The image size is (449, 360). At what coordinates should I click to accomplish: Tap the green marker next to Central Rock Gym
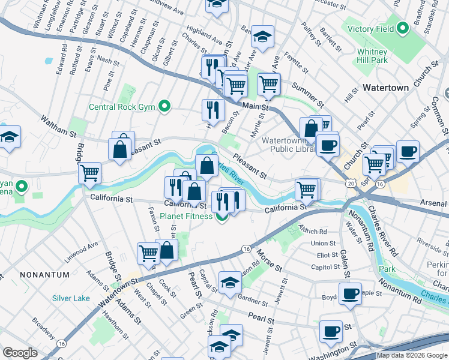(163, 108)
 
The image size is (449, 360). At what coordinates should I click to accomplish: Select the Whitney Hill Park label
(372, 56)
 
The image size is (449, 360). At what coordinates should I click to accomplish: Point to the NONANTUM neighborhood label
(41, 274)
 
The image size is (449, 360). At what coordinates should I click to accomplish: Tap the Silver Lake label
(71, 298)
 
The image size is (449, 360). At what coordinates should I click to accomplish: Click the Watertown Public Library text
(285, 145)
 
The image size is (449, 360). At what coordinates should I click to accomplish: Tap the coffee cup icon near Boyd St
(350, 293)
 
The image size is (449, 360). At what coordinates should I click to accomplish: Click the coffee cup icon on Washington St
(330, 331)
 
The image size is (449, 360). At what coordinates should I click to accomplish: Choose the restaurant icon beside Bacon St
(213, 110)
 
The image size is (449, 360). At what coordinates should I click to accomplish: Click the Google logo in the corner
(20, 353)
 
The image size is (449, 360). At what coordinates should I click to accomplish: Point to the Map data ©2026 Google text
(411, 355)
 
